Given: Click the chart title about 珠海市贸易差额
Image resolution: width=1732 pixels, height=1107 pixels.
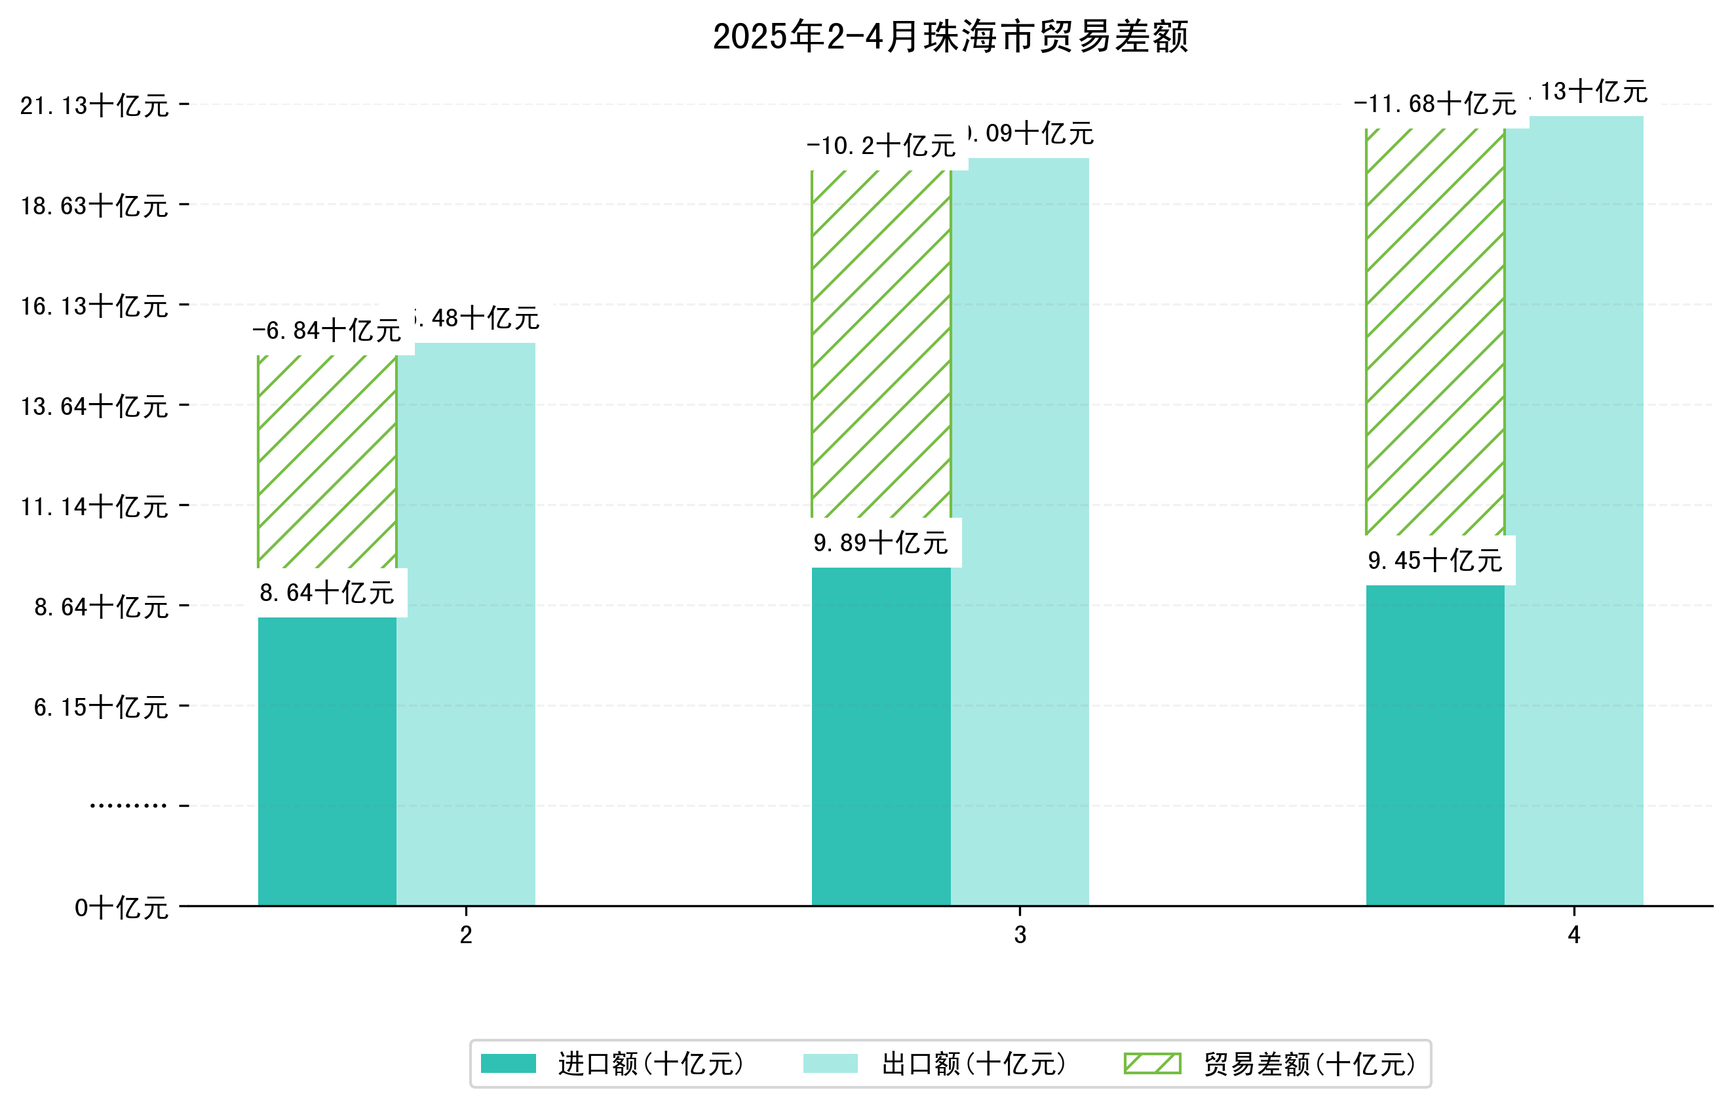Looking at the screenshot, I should point(950,37).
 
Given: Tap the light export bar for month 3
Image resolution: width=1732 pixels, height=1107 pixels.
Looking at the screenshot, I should point(1020,532).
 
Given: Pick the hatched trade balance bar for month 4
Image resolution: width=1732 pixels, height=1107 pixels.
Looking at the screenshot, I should point(1435,332).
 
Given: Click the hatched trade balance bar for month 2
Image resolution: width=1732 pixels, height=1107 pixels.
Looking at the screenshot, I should point(327,461).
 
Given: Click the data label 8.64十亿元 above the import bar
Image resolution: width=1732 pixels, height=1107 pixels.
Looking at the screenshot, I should point(327,592).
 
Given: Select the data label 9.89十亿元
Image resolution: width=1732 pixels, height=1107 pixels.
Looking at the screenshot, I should point(881,543).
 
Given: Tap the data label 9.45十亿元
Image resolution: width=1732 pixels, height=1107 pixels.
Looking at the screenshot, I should point(1435,560).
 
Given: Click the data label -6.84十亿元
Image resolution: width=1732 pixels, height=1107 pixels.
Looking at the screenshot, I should point(327,331).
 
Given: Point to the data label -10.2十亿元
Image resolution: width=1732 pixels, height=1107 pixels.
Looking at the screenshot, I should point(881,146).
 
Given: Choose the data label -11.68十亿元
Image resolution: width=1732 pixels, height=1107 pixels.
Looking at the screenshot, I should point(1435,104).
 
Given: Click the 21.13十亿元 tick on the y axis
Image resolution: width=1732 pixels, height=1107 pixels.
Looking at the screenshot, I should point(94,106).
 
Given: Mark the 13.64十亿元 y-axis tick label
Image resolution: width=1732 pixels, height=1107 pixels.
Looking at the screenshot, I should point(94,406).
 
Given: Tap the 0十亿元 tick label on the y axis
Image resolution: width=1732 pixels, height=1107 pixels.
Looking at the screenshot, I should point(121,908).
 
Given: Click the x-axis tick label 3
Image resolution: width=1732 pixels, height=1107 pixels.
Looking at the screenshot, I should point(1020,935).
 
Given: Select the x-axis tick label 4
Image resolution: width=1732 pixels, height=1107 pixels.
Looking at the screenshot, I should point(1574,935).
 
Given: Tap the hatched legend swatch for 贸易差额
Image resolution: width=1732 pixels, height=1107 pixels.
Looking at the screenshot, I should point(1152,1063).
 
